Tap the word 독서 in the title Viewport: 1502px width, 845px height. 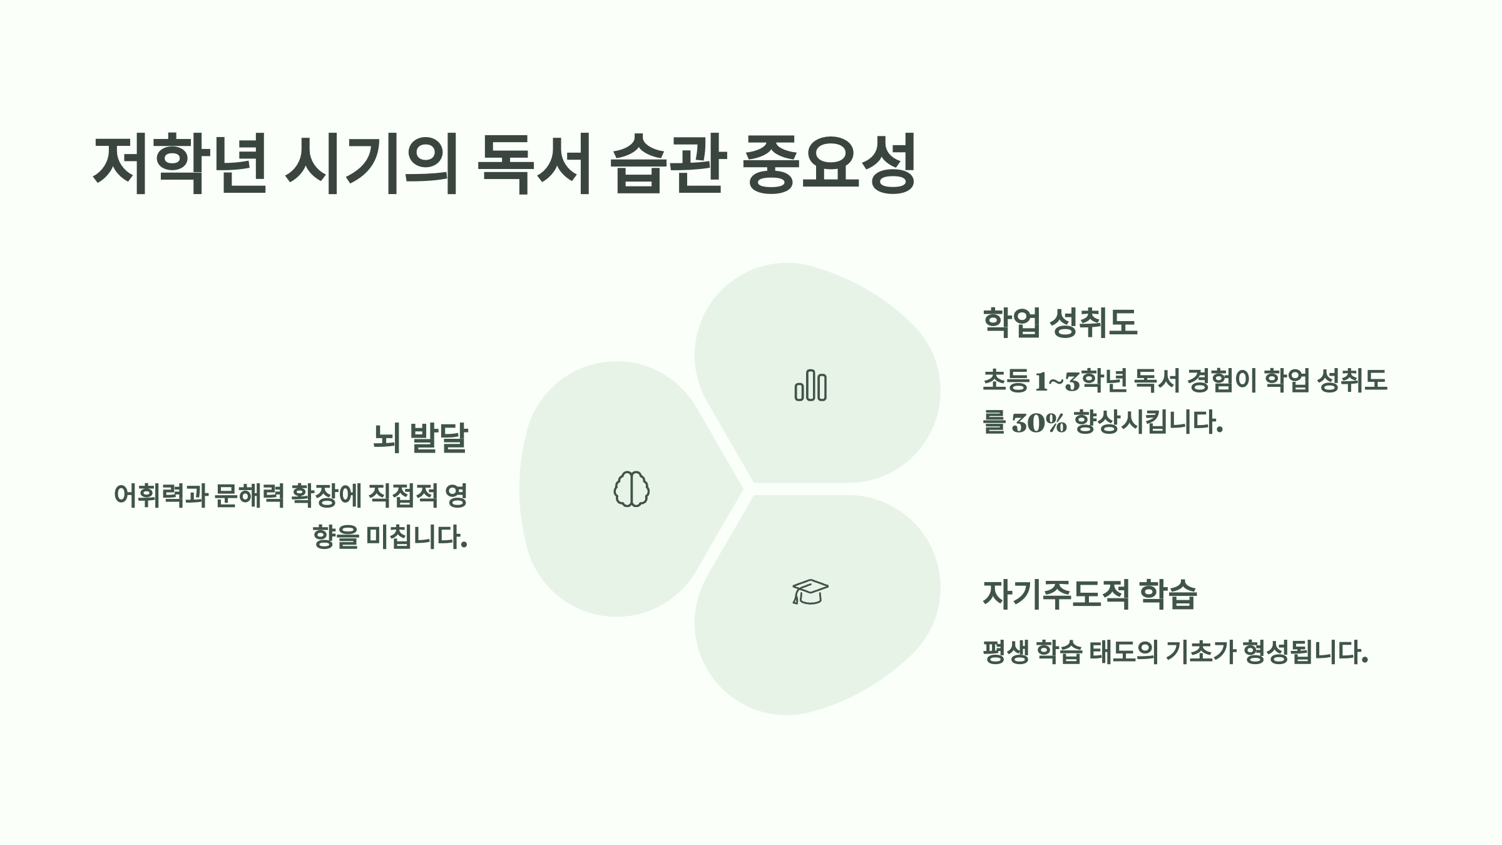pos(534,164)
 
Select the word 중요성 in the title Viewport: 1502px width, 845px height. pos(829,164)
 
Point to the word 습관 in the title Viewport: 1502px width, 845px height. pos(668,164)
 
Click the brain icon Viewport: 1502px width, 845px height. pos(631,489)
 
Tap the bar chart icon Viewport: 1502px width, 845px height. pos(810,385)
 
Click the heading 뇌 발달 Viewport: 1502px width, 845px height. pos(420,438)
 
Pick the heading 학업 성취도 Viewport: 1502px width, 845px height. pos(1060,322)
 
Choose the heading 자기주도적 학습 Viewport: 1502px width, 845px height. pos(1090,594)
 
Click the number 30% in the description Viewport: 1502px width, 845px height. pos(1039,423)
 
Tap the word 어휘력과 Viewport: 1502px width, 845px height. pos(160,496)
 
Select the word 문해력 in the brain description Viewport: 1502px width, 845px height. pos(250,496)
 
